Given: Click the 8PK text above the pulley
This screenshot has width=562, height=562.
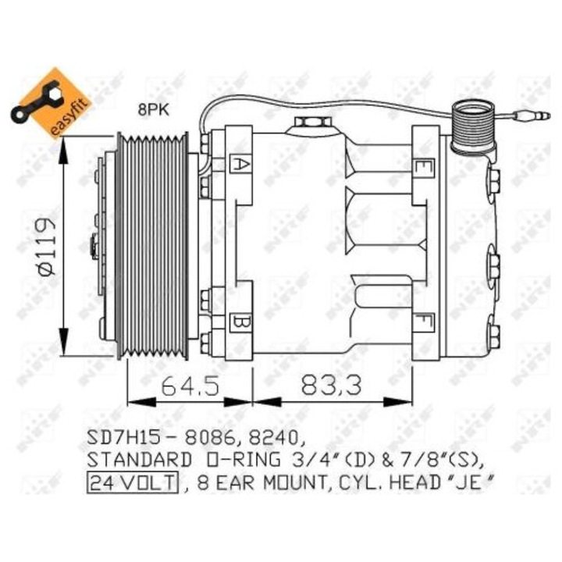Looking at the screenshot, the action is pyautogui.click(x=153, y=110).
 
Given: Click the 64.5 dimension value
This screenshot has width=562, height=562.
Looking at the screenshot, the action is pyautogui.click(x=190, y=385).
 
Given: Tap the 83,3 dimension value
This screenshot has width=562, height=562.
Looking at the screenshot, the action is pyautogui.click(x=332, y=384).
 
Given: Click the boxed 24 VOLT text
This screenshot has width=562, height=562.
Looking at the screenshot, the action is pyautogui.click(x=133, y=482).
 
